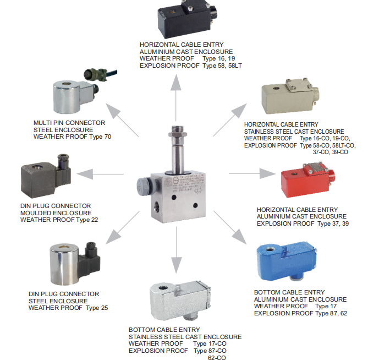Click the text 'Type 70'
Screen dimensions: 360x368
click(101, 136)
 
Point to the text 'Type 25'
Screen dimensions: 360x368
click(97, 308)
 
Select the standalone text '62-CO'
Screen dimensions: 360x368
click(217, 357)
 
